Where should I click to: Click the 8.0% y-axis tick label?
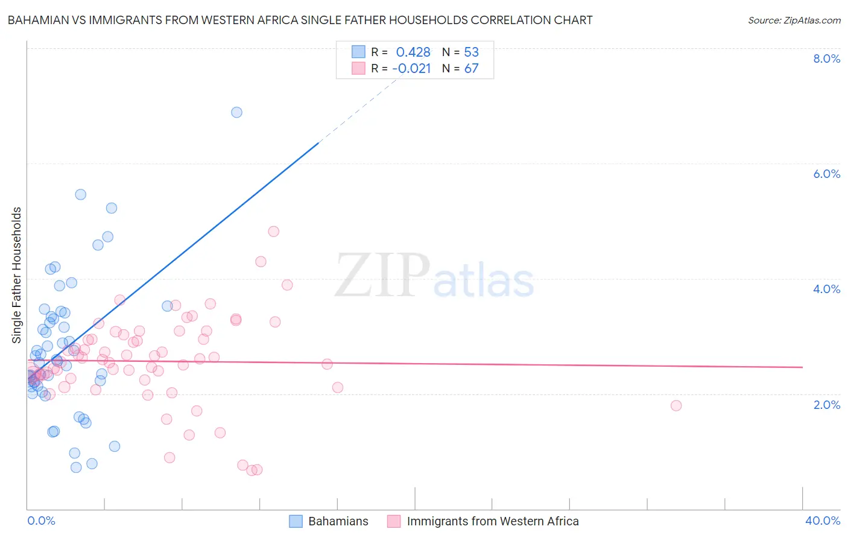point(826,59)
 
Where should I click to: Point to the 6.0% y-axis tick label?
point(826,174)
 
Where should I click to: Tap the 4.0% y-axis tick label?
point(826,289)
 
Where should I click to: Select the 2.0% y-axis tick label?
point(826,405)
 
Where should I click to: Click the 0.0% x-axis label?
point(41,521)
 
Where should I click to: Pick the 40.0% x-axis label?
point(822,521)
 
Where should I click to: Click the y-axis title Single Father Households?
point(17,275)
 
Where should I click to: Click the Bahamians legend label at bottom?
point(338,521)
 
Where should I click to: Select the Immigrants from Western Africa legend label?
point(492,521)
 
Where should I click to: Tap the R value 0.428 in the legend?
point(413,52)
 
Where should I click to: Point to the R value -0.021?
point(411,69)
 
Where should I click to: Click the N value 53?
point(471,52)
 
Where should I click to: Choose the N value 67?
point(471,69)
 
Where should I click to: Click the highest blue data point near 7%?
point(236,112)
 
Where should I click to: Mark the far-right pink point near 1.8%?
point(676,405)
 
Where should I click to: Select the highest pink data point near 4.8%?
point(273,232)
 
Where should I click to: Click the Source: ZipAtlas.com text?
point(794,21)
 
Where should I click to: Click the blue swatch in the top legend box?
point(358,52)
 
